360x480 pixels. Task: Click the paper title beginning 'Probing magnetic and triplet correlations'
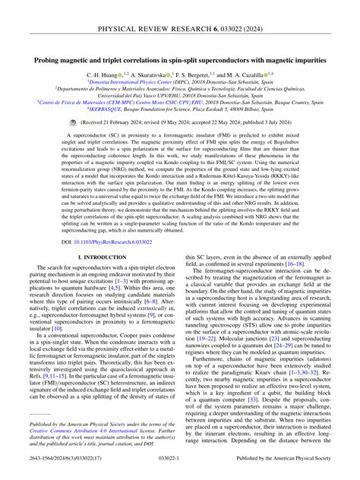point(180,58)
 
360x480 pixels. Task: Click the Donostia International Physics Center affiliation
point(180,82)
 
